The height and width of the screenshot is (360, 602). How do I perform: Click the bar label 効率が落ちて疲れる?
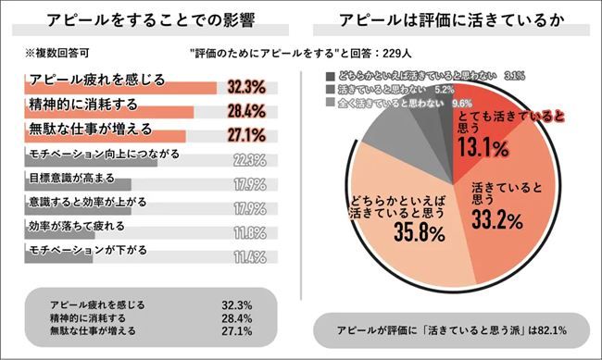(73, 225)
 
